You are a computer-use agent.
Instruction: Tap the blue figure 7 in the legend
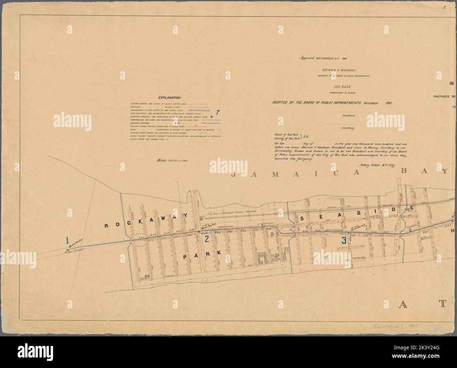[218, 113]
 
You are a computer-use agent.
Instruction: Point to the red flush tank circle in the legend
[167, 139]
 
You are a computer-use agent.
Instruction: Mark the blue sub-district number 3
[344, 241]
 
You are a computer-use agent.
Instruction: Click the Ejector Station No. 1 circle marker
[66, 250]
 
